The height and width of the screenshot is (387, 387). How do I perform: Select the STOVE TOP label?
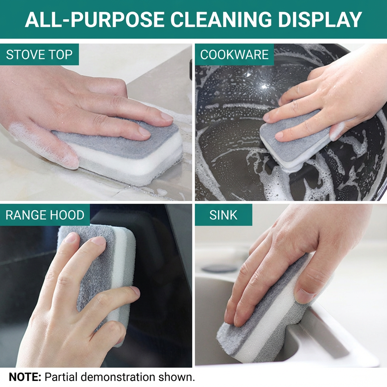pos(39,54)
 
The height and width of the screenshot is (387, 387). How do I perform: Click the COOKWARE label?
pos(234,54)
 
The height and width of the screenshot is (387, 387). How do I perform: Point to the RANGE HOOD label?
pos(45,215)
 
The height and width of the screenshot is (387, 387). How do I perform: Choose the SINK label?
pos(223,215)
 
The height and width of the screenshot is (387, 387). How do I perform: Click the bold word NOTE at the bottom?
pos(25,377)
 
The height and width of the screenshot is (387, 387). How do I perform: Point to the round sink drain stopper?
pos(219,268)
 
